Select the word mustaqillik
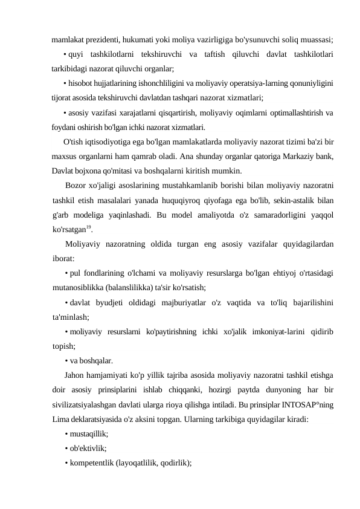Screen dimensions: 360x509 [89, 433]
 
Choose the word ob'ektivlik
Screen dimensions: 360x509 [88, 448]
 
